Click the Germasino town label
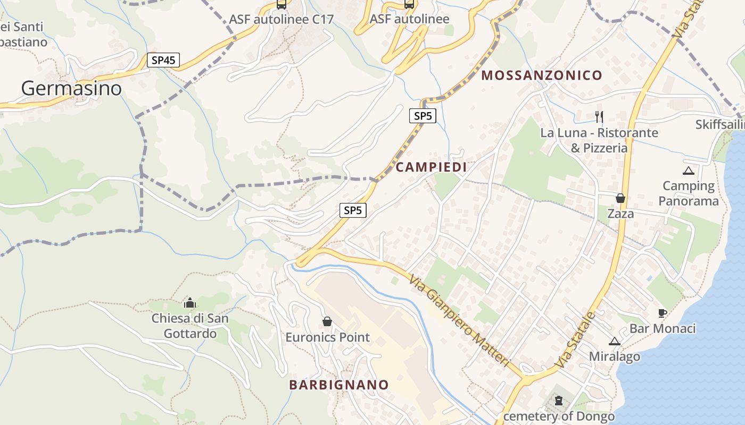click(x=71, y=88)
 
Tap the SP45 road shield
click(x=163, y=60)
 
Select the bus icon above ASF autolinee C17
click(x=281, y=5)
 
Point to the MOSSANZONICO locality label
click(x=542, y=75)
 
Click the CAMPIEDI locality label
click(x=431, y=167)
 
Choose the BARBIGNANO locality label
click(x=339, y=385)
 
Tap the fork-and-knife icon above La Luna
click(x=599, y=116)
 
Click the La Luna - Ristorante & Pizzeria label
click(x=599, y=140)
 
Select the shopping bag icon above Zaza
click(x=620, y=198)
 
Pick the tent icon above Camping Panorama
click(x=689, y=171)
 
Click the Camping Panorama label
click(x=689, y=193)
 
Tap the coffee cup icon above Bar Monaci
click(x=663, y=313)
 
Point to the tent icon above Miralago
click(x=615, y=341)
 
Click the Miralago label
click(x=615, y=356)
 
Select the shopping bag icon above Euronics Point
click(x=327, y=321)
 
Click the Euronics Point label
click(x=327, y=337)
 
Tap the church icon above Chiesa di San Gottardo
click(x=190, y=303)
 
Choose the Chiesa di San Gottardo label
click(x=190, y=326)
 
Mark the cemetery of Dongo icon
click(x=559, y=401)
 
